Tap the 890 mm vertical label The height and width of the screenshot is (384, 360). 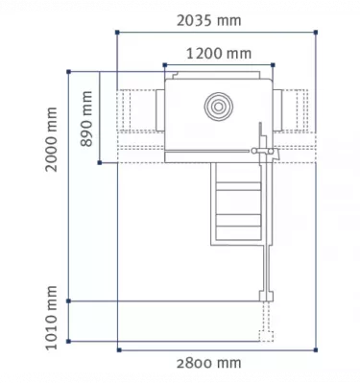(87, 117)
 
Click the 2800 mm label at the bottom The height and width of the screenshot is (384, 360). (209, 362)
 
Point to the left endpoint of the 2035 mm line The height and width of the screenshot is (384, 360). (116, 33)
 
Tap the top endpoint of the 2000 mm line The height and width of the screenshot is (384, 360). (68, 70)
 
